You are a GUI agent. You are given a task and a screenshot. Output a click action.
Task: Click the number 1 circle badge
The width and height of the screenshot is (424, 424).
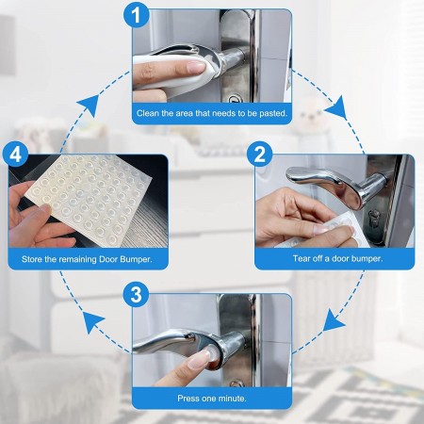(x=136, y=15)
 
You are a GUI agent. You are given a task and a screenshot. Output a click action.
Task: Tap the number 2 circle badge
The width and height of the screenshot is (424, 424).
(x=259, y=155)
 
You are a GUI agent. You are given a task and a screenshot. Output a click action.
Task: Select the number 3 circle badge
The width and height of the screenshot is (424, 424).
(x=136, y=295)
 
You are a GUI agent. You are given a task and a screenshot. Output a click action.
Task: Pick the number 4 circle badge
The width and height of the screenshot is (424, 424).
(x=15, y=155)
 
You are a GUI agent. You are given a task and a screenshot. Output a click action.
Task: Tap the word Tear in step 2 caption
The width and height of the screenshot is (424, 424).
(x=301, y=258)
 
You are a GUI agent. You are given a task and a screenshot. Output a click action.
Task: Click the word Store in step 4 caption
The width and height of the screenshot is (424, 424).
(x=32, y=259)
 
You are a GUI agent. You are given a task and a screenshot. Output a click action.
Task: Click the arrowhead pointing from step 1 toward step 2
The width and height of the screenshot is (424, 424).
(x=336, y=107)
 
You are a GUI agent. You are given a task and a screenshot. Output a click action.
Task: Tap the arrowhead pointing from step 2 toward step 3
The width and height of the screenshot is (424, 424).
(x=334, y=320)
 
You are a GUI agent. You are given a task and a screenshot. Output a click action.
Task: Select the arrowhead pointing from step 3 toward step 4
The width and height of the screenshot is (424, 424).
(x=93, y=322)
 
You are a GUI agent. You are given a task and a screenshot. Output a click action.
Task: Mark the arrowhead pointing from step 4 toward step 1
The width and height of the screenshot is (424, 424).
(x=88, y=106)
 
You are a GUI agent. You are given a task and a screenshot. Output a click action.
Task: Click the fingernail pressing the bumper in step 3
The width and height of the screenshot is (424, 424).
(x=201, y=358)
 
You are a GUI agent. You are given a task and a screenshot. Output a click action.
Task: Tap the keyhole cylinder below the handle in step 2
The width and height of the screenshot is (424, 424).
(x=373, y=218)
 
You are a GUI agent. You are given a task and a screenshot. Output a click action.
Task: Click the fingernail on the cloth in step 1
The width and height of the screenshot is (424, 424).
(x=196, y=67)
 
